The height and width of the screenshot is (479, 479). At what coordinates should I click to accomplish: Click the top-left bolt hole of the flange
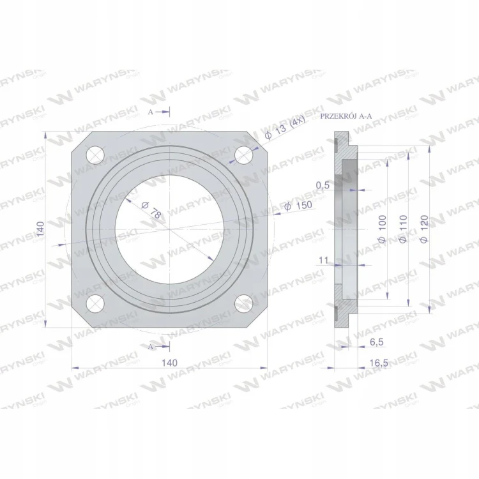(x=95, y=155)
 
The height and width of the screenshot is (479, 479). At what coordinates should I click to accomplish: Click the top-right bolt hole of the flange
(x=244, y=155)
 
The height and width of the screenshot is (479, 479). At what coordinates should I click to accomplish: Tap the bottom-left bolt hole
(x=95, y=303)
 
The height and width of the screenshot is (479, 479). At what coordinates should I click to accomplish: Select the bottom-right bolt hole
(x=244, y=303)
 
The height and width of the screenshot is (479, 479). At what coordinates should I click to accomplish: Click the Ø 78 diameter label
(x=151, y=210)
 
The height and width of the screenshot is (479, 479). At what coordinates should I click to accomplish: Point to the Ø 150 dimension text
(x=298, y=206)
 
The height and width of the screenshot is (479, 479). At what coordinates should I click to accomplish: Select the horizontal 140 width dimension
(x=169, y=363)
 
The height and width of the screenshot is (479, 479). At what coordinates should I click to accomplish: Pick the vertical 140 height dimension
(x=40, y=229)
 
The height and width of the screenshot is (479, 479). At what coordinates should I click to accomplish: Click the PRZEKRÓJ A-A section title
(x=346, y=116)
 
